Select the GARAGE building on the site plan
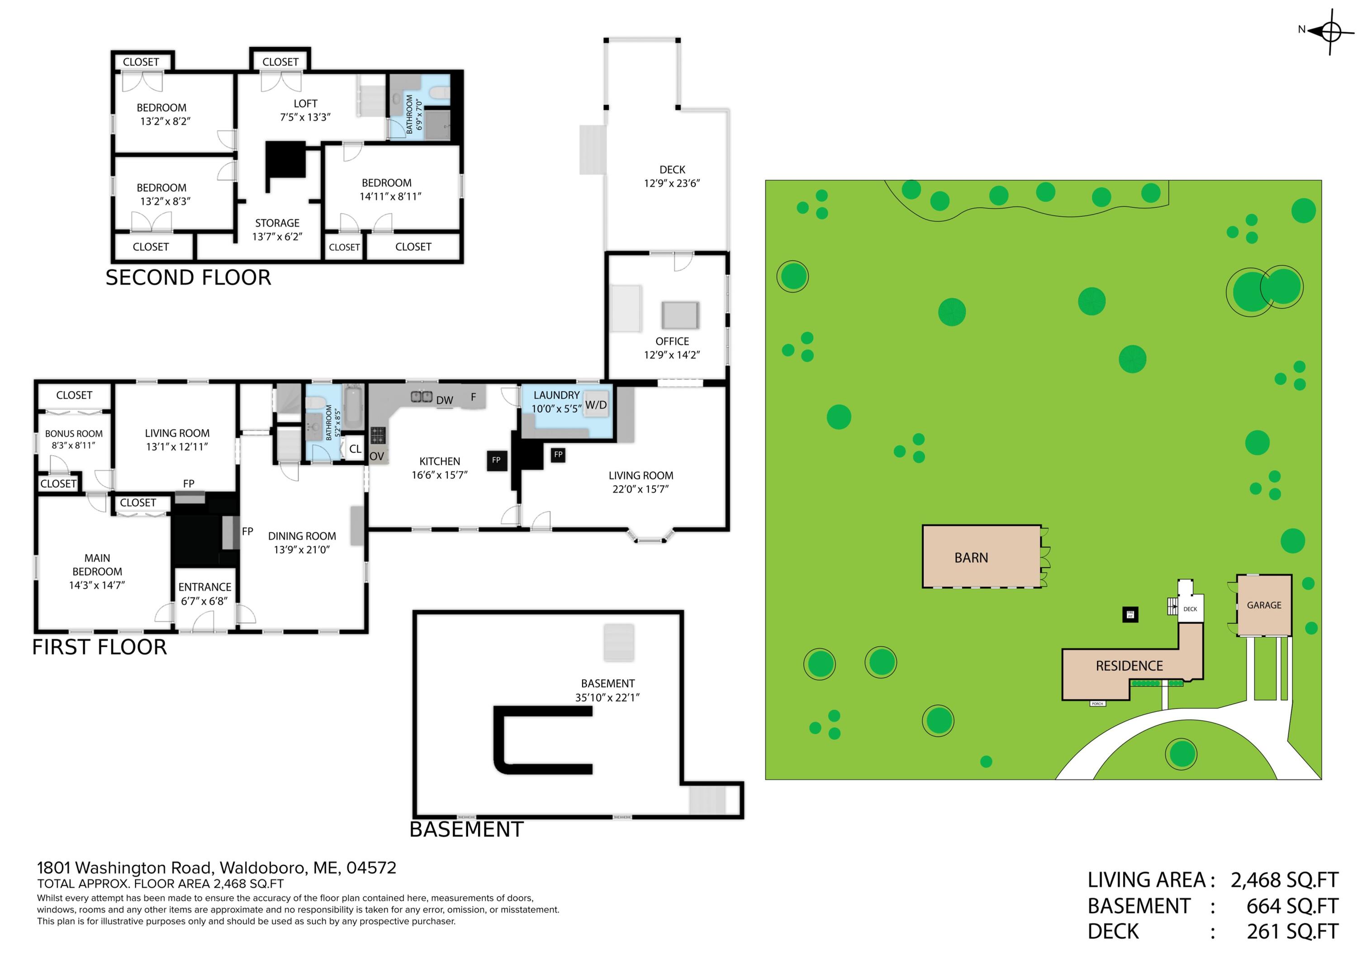tap(1264, 605)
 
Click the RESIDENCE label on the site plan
tap(1129, 666)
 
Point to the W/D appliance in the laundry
tap(596, 405)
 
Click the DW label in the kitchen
tap(445, 400)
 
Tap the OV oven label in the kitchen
tap(376, 457)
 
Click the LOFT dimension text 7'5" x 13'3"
tap(305, 117)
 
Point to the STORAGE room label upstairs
tap(277, 223)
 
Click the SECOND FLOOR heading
tap(188, 277)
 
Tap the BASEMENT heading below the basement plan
tap(466, 830)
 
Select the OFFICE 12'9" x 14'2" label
tap(672, 348)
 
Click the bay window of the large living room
tap(650, 537)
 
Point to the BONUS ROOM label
tap(73, 434)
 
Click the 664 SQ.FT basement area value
tap(1292, 906)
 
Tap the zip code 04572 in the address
tap(371, 868)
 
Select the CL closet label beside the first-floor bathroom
tap(355, 449)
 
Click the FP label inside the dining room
tap(247, 531)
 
